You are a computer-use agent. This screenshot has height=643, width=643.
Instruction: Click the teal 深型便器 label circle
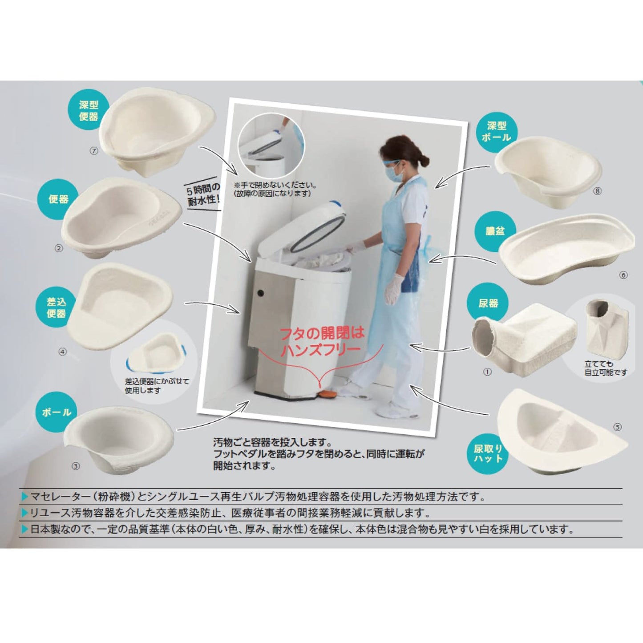click(88, 110)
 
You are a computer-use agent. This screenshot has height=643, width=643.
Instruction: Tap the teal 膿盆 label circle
click(495, 231)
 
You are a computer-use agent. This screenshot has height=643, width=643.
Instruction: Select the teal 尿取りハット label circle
click(488, 453)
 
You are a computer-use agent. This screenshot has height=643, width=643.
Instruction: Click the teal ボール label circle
click(57, 412)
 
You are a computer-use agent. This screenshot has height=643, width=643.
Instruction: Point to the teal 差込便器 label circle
click(56, 307)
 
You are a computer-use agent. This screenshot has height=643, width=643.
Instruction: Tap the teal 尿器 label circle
click(488, 303)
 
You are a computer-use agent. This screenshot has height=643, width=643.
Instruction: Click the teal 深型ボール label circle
click(496, 132)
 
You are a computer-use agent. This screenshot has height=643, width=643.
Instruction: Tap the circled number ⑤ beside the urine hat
click(617, 427)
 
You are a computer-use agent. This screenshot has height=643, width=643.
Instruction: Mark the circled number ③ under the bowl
click(76, 466)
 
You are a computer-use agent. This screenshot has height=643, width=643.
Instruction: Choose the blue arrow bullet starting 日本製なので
click(24, 529)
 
